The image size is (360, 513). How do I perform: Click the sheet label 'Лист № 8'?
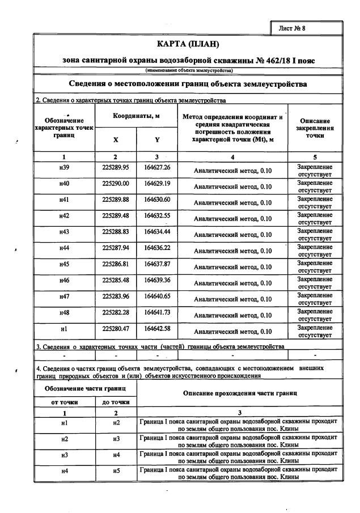(x=307, y=28)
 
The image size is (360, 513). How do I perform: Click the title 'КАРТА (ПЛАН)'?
(x=188, y=44)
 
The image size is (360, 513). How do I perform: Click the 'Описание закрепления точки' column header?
(x=315, y=128)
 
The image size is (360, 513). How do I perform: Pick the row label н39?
(x=64, y=168)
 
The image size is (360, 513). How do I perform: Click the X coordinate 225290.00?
(x=115, y=184)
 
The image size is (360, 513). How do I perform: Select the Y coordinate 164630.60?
(x=157, y=200)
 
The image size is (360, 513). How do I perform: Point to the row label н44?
(x=64, y=248)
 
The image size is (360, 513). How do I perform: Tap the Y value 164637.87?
(x=157, y=264)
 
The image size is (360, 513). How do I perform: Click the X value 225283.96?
(x=115, y=296)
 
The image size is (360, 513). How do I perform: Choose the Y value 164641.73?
(x=157, y=312)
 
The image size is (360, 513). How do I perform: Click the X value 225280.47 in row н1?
(x=115, y=328)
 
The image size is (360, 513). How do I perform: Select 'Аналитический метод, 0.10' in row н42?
(x=232, y=218)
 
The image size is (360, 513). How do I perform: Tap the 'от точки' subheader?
(x=64, y=402)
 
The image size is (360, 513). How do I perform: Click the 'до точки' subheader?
(x=116, y=402)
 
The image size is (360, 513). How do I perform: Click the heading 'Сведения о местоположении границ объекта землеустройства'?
(x=188, y=84)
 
